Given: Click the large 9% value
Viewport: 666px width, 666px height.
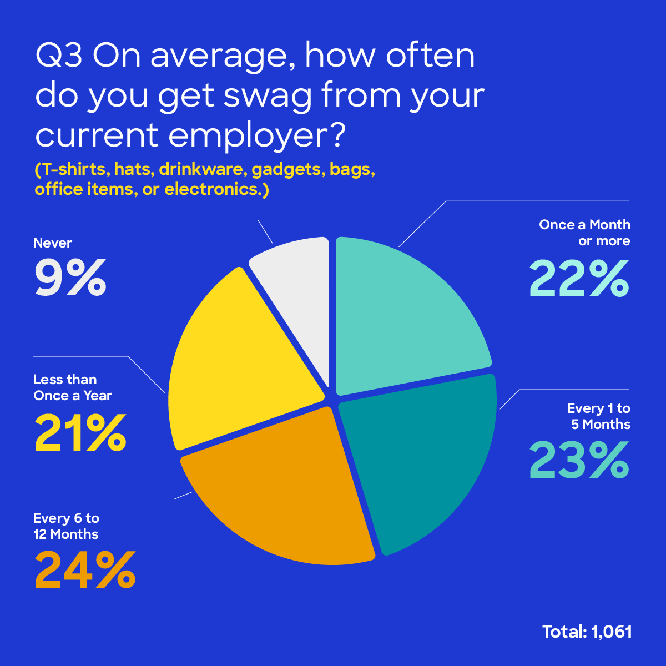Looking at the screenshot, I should [x=70, y=277].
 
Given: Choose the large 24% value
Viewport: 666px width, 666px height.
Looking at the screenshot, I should [x=85, y=570].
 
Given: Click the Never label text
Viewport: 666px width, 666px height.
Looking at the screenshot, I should [x=53, y=243].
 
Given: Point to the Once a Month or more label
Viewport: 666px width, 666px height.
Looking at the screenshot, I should [x=584, y=233].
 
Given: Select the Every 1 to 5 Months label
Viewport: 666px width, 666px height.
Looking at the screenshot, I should [x=599, y=416].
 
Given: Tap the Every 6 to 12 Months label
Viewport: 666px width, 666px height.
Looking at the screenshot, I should [x=66, y=526].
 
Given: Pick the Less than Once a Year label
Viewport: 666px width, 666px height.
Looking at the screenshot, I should [x=72, y=387].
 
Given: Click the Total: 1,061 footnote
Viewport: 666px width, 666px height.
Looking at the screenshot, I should [x=587, y=632].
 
